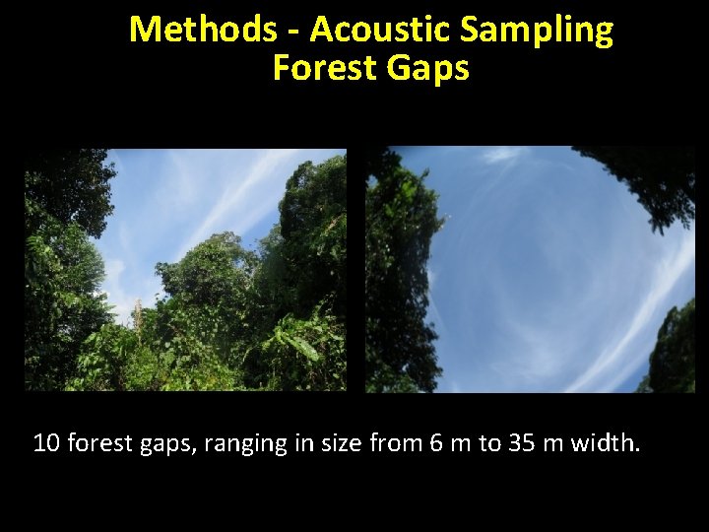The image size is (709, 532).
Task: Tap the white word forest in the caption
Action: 102,443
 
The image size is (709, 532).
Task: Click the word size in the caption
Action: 341,443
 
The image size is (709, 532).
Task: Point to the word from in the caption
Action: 398,443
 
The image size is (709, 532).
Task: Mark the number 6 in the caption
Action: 436,443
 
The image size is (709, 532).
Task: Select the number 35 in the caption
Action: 521,443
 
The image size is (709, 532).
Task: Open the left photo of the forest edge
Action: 185,270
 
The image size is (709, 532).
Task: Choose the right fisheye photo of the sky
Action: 530,270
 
